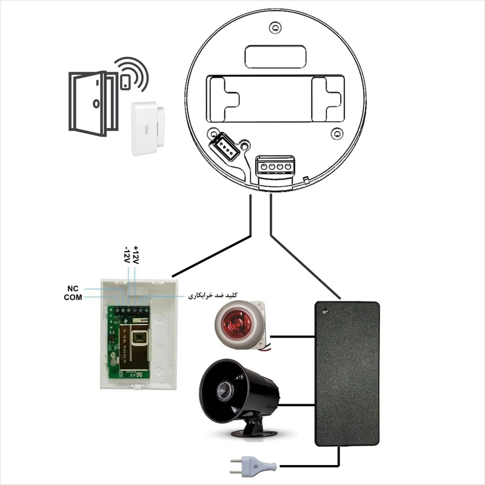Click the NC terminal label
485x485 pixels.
click(x=73, y=289)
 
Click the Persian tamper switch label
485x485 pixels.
click(x=213, y=295)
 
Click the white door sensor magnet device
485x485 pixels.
click(x=145, y=128)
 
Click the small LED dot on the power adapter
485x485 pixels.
click(x=324, y=312)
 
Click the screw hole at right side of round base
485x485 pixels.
click(x=338, y=133)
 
